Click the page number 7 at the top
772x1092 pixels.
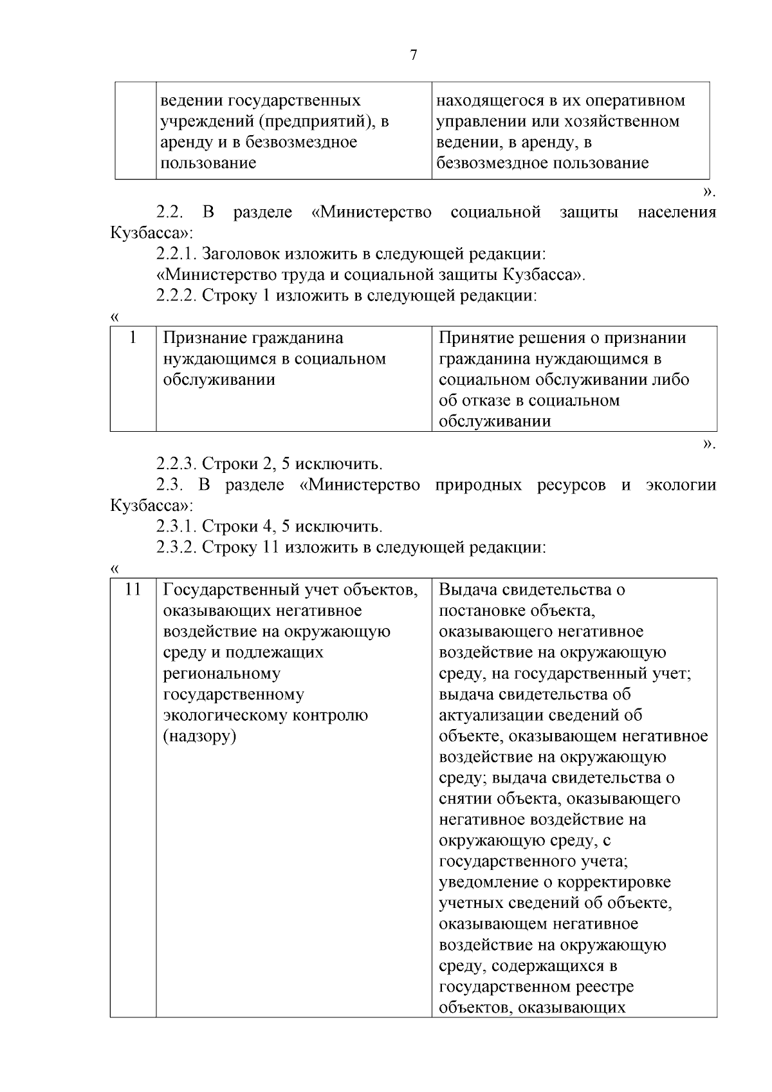click(413, 55)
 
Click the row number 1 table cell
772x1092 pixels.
click(133, 338)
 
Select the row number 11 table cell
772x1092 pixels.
click(133, 589)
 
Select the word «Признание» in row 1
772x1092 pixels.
click(204, 338)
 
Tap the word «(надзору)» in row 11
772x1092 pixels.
click(199, 736)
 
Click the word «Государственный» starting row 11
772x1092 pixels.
click(231, 589)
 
